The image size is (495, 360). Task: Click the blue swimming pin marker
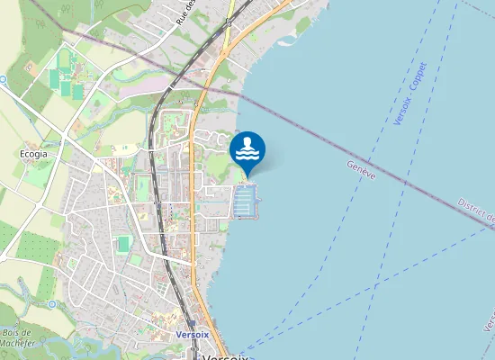pyautogui.click(x=247, y=149)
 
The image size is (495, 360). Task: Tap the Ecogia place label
pyautogui.click(x=32, y=154)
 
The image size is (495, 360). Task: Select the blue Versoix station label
pyautogui.click(x=193, y=334)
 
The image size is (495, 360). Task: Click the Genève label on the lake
pyautogui.click(x=361, y=169)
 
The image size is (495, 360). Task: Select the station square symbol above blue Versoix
pyautogui.click(x=191, y=323)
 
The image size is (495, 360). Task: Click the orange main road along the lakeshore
pyautogui.click(x=193, y=180)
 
